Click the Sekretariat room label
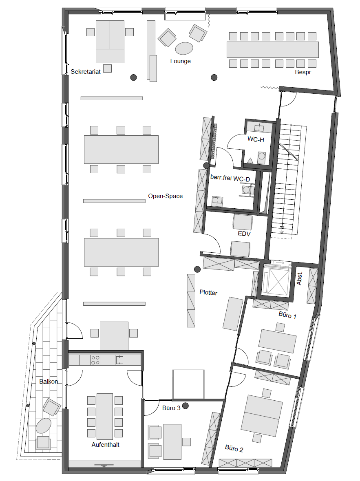86,72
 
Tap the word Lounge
181,61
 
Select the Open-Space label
166,196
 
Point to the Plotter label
208,292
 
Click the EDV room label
244,234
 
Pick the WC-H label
256,139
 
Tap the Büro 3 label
171,408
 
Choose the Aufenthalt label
105,444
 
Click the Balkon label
49,381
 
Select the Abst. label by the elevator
300,278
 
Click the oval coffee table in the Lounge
184,48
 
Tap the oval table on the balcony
44,426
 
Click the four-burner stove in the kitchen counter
95,360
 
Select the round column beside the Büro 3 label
186,406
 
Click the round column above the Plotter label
197,269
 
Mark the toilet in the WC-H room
261,157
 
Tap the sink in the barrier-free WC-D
217,201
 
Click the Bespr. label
304,73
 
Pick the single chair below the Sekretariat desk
107,68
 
